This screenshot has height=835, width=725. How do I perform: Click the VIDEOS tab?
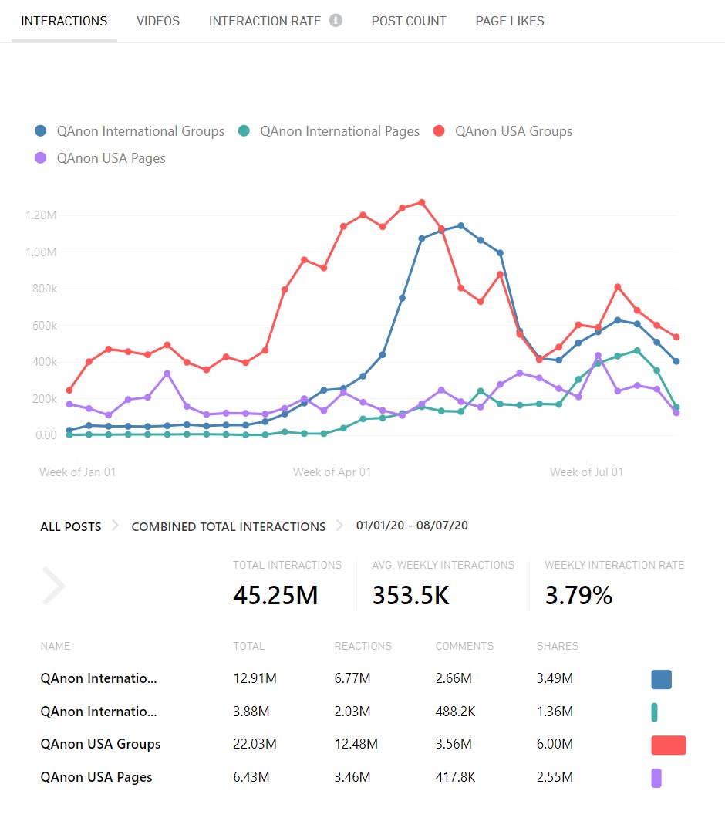(x=158, y=21)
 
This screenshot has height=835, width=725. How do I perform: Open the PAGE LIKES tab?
(x=510, y=21)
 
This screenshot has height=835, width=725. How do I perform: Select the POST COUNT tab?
(x=409, y=21)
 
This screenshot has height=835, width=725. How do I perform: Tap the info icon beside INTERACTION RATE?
(x=336, y=21)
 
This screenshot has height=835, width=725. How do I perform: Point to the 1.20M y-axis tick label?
(x=40, y=215)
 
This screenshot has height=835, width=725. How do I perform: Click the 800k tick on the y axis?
(x=42, y=289)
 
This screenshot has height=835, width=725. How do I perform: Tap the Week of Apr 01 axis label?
(x=332, y=472)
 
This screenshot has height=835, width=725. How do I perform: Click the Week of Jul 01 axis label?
(x=586, y=472)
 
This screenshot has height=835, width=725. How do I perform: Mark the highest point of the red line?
(x=421, y=202)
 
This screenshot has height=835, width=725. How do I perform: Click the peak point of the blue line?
(x=460, y=226)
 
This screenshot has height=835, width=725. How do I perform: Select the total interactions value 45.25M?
(x=275, y=595)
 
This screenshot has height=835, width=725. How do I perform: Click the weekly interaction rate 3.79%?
(x=578, y=595)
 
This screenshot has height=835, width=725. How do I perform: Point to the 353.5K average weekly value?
(x=410, y=595)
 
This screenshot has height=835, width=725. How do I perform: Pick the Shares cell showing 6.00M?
(x=555, y=744)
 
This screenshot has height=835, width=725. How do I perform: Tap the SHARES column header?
(x=557, y=646)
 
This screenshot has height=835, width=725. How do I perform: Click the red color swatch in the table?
(x=668, y=745)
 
